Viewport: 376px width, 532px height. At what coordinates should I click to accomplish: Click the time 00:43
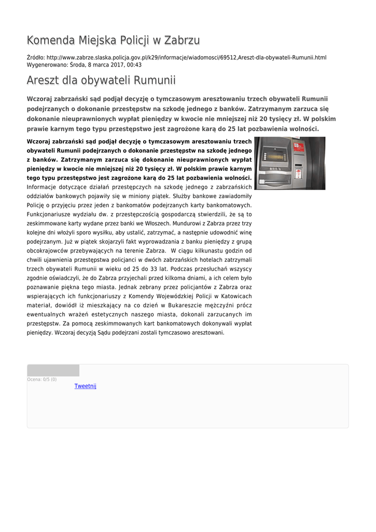(x=134, y=65)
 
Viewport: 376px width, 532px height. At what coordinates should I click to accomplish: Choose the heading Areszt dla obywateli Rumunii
(x=101, y=81)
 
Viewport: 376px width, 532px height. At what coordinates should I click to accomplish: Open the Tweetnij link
(x=85, y=386)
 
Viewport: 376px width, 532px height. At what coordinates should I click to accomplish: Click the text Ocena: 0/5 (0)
(x=42, y=379)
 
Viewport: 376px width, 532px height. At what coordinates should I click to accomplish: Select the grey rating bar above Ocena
(x=53, y=370)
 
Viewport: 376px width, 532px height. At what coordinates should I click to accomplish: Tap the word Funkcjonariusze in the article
(x=49, y=214)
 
